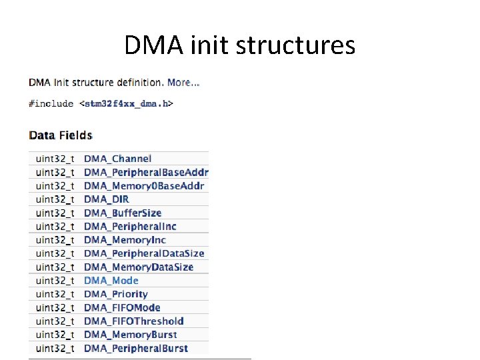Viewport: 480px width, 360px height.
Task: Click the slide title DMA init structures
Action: (x=239, y=45)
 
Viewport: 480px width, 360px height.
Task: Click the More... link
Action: (x=183, y=83)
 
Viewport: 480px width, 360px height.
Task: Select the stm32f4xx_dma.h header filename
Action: (x=126, y=103)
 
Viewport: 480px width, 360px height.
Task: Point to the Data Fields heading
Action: (x=61, y=135)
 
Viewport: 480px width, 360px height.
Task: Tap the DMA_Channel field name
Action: (x=117, y=159)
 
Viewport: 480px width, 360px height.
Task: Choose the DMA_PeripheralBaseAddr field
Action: (x=146, y=172)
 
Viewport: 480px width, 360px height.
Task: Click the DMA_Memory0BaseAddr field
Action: (x=144, y=186)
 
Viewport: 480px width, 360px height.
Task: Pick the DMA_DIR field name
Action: (x=106, y=199)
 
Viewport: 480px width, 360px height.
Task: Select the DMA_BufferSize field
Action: (x=123, y=213)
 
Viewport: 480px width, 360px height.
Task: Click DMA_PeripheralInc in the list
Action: (x=130, y=227)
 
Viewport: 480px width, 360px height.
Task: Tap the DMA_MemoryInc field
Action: (x=125, y=240)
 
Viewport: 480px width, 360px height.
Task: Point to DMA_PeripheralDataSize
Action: (x=144, y=253)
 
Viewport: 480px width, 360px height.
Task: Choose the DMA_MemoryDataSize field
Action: (x=139, y=267)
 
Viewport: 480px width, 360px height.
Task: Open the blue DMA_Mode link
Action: (x=111, y=281)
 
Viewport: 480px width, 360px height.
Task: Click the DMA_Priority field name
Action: (x=115, y=294)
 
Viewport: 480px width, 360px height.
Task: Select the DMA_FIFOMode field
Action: (x=122, y=308)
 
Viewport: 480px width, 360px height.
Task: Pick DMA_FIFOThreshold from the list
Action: (x=133, y=321)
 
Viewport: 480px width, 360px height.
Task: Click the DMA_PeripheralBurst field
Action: (x=136, y=348)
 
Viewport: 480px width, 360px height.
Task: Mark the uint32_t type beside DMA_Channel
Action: (x=55, y=159)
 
